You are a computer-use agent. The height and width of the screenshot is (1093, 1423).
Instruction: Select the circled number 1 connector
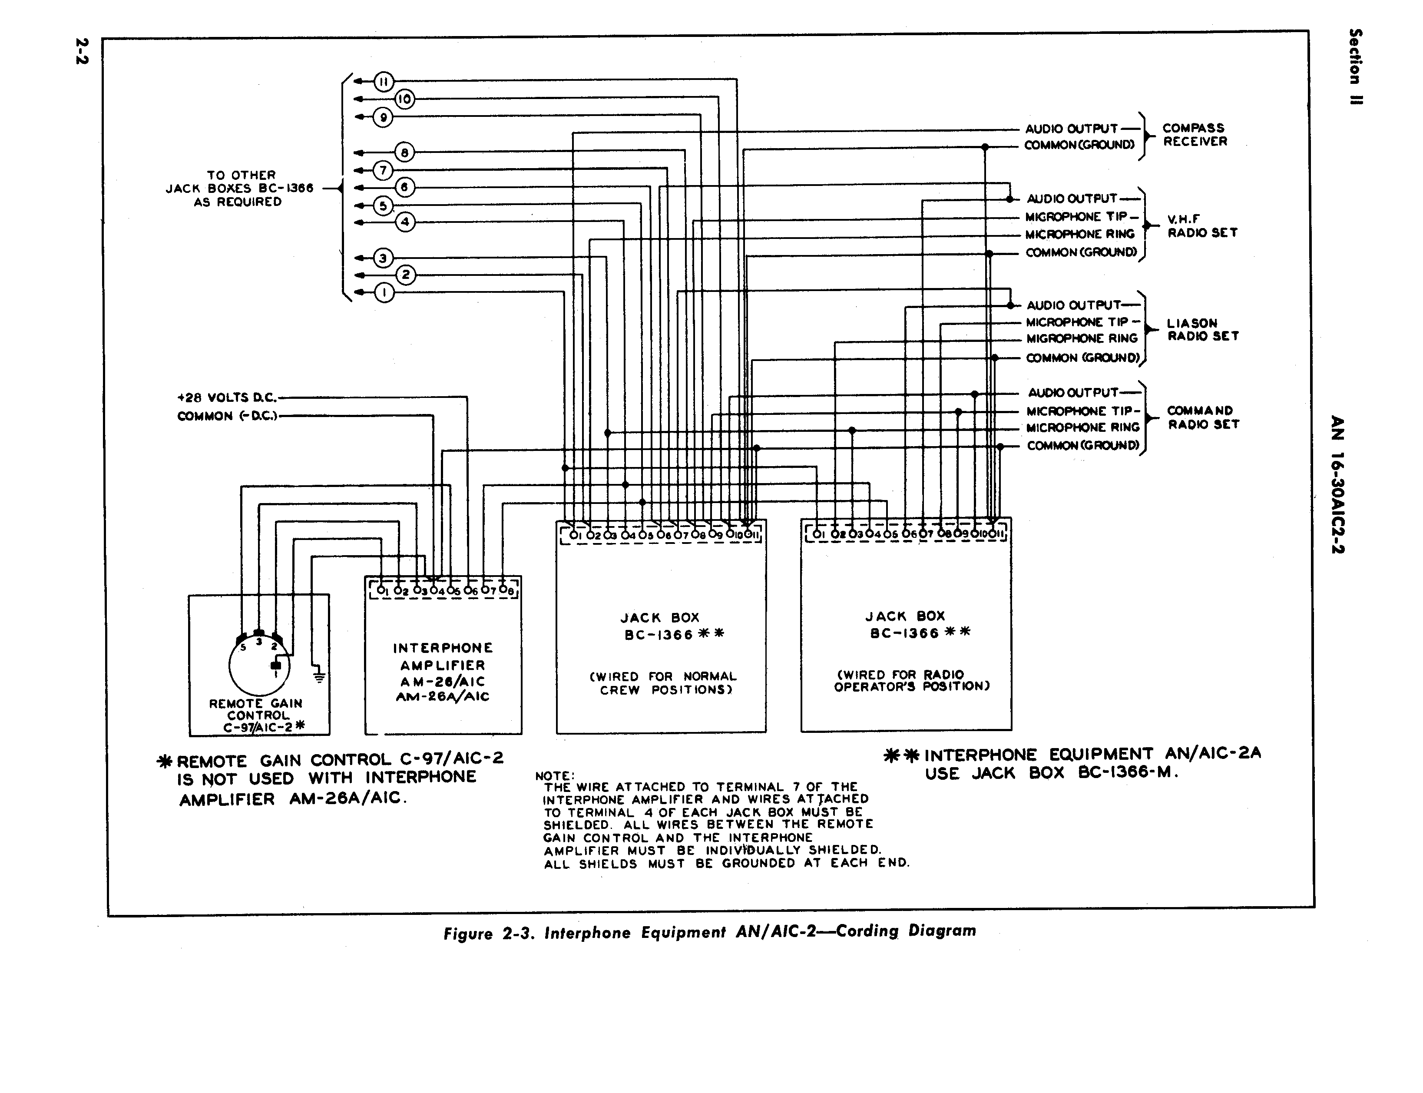[384, 293]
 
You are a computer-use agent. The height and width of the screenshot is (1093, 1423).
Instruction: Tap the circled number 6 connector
[404, 187]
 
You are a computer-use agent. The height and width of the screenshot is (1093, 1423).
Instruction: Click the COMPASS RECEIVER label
[1195, 135]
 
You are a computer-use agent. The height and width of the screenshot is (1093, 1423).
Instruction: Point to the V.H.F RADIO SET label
[1202, 226]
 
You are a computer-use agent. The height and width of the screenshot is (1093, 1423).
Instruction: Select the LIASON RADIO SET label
[1202, 330]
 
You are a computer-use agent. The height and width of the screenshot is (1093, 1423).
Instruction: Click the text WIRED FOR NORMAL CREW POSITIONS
[663, 683]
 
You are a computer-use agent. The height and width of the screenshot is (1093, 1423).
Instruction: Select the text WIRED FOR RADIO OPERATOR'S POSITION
[912, 681]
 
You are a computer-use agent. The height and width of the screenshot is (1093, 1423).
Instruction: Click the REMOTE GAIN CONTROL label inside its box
[257, 715]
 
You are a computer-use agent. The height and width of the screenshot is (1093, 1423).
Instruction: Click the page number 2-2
[82, 51]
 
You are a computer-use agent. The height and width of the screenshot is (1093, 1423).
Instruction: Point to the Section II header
[1355, 66]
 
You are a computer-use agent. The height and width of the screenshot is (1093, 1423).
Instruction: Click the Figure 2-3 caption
[710, 932]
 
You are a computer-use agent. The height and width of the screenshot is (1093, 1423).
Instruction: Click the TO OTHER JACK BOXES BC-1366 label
[239, 189]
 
